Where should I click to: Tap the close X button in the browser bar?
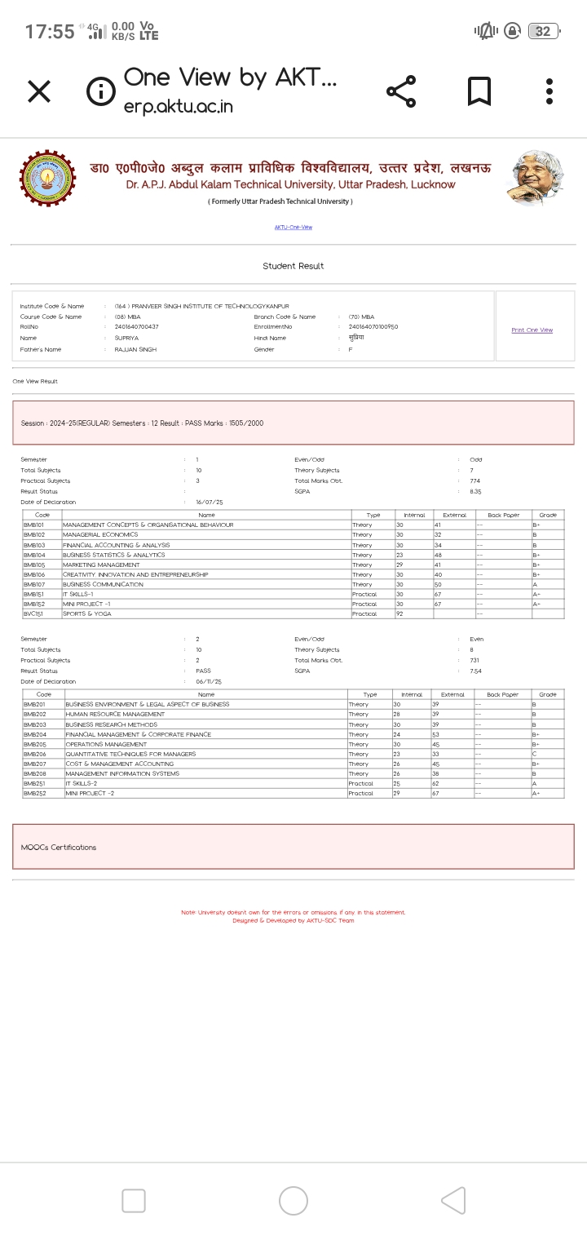(39, 91)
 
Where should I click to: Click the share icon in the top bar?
(401, 91)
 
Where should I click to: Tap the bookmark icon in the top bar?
(479, 91)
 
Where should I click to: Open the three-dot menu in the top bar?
(550, 91)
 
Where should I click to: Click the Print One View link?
(532, 330)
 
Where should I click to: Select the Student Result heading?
(293, 266)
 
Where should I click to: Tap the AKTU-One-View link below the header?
(293, 228)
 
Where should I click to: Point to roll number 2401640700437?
(137, 326)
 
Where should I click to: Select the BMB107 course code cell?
(34, 585)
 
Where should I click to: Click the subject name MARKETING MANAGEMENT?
(101, 565)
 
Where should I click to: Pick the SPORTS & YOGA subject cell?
(87, 613)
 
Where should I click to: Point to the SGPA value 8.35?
(475, 492)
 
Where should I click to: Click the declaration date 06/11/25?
(209, 681)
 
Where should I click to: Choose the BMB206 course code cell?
(34, 755)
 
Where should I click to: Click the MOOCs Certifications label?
(59, 848)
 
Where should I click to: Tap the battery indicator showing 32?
(543, 32)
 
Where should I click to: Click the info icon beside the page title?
(100, 91)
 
